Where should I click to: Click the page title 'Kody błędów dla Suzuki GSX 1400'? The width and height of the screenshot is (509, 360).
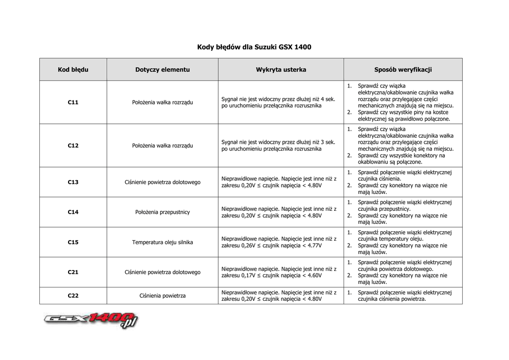coord(254,47)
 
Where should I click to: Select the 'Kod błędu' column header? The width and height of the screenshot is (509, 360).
coord(73,70)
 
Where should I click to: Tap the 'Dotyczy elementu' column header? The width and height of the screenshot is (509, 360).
coord(163,70)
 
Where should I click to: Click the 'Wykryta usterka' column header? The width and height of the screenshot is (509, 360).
coord(281,70)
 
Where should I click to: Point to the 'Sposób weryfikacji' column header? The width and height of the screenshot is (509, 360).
coord(403,70)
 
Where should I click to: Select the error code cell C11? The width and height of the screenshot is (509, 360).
coord(73,102)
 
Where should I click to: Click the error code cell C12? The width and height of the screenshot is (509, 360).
coord(73,146)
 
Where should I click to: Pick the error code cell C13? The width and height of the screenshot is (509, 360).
coord(73,182)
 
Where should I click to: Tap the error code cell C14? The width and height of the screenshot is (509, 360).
coord(73,212)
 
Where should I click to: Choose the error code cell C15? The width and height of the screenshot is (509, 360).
coord(73,242)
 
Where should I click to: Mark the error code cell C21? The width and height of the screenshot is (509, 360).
coord(73,272)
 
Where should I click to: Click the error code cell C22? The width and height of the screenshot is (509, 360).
coord(73,296)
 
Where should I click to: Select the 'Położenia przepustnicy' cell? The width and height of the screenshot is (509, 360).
coord(163,212)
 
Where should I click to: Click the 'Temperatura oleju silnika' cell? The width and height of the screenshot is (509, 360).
coord(163,242)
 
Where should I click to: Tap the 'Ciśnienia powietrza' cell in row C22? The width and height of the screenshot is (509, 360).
coord(163,296)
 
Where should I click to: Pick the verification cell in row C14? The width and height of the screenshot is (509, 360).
coord(403,212)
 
